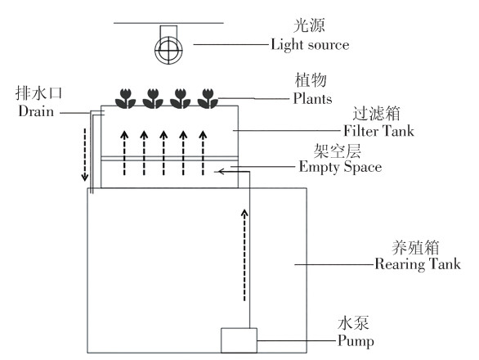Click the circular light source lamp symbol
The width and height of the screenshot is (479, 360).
pyautogui.click(x=168, y=50)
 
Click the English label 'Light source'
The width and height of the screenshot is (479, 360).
pyautogui.click(x=310, y=45)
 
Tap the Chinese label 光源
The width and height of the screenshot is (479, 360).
pyautogui.click(x=309, y=25)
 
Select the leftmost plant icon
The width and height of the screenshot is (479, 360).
pyautogui.click(x=125, y=98)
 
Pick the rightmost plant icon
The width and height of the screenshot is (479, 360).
pyautogui.click(x=208, y=98)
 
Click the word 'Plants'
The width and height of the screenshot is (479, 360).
pyautogui.click(x=312, y=99)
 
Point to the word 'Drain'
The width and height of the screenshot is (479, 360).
pyautogui.click(x=36, y=111)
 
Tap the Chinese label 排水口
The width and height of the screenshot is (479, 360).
pyautogui.click(x=38, y=93)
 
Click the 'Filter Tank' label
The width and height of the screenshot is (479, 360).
pyautogui.click(x=378, y=131)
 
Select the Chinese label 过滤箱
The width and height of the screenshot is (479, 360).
pyautogui.click(x=377, y=114)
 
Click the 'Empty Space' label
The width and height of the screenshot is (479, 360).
pyautogui.click(x=340, y=167)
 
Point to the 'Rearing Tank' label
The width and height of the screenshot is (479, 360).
pyautogui.click(x=418, y=264)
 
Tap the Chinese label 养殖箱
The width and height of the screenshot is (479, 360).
pyautogui.click(x=416, y=247)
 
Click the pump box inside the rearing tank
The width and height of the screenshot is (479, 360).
pyautogui.click(x=239, y=340)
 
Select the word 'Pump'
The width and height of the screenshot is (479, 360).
pyautogui.click(x=356, y=341)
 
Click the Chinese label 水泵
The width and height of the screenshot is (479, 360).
pyautogui.click(x=353, y=323)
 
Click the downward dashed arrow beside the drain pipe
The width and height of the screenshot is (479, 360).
pyautogui.click(x=85, y=155)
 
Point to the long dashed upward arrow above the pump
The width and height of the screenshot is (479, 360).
pyautogui.click(x=244, y=254)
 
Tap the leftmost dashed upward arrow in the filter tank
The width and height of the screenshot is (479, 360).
pyautogui.click(x=124, y=153)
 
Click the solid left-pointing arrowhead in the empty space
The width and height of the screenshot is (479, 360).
pyautogui.click(x=222, y=172)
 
